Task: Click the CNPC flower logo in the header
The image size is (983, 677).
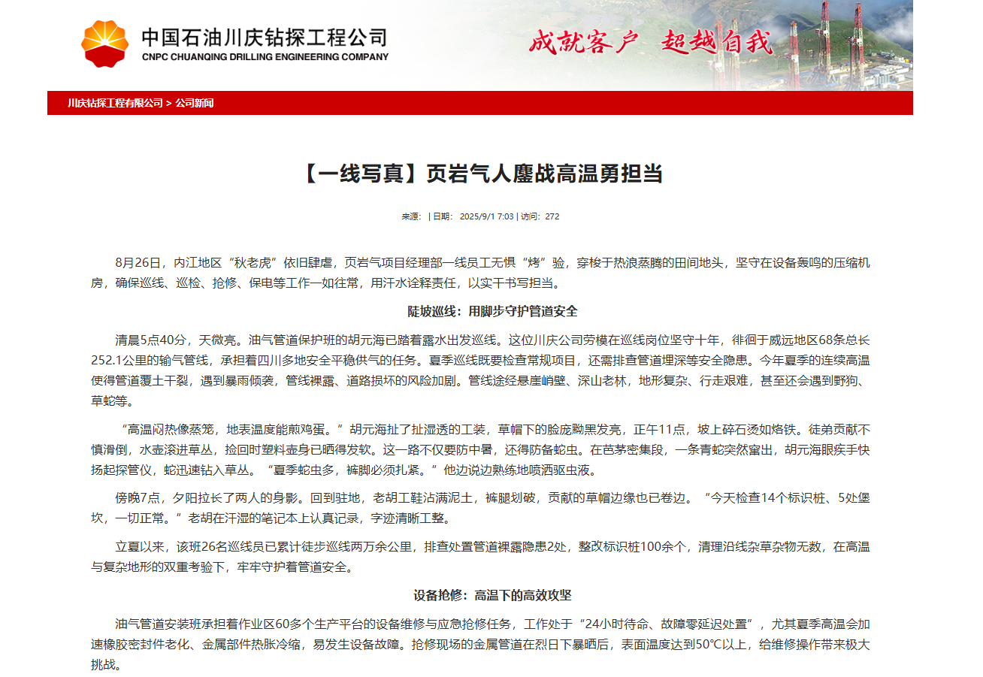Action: [x=104, y=44]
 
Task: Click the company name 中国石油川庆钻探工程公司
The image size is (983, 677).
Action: [x=265, y=37]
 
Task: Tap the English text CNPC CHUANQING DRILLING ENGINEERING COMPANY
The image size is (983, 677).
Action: [x=265, y=57]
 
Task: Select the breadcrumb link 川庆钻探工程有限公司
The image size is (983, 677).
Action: [x=115, y=103]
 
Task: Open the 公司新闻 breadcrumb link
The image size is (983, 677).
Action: [x=195, y=103]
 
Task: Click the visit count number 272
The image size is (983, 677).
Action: [x=552, y=216]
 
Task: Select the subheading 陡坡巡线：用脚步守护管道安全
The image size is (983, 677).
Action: [x=492, y=311]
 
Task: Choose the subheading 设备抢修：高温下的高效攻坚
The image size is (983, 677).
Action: [x=492, y=595]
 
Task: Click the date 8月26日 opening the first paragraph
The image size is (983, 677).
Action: [x=139, y=263]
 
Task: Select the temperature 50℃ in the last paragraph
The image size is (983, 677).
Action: [x=709, y=645]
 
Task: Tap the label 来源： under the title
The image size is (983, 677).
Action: [x=411, y=216]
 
